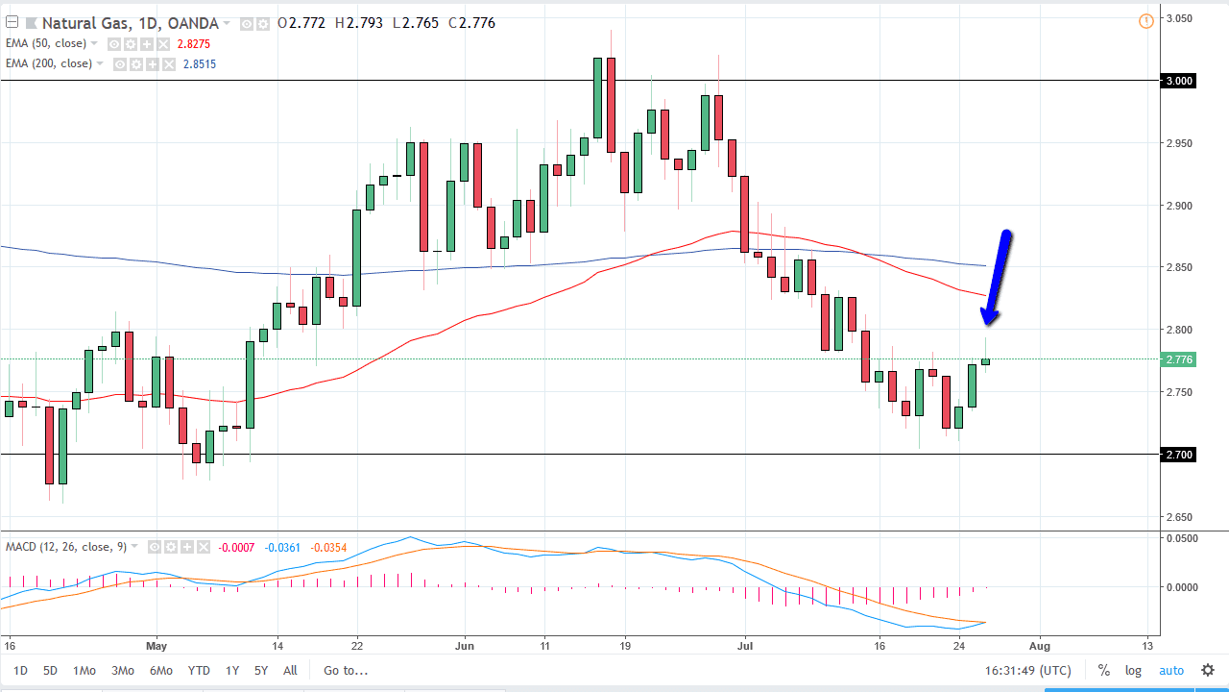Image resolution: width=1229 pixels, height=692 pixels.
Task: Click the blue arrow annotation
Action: point(996,278)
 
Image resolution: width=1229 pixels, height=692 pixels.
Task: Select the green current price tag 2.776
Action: point(1179,359)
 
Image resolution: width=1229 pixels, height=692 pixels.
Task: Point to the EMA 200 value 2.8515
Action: point(197,63)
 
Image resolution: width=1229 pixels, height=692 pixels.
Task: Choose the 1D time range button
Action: point(20,671)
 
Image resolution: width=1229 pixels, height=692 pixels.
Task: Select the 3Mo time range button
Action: point(122,671)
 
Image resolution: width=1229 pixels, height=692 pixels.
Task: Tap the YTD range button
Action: point(199,671)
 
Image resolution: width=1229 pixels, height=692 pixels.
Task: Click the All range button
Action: point(290,671)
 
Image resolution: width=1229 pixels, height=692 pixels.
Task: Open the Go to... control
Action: point(346,671)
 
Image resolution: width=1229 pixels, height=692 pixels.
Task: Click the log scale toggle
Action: point(1133,671)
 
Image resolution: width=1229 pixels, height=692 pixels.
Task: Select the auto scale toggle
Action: point(1171,671)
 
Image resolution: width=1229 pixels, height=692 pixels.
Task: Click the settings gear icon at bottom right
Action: point(1208,671)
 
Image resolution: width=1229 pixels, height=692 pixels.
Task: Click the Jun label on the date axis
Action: point(464,646)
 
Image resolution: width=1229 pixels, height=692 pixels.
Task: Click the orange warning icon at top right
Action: point(1145,21)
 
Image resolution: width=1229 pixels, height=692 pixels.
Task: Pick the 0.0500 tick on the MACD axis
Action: point(1180,538)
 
